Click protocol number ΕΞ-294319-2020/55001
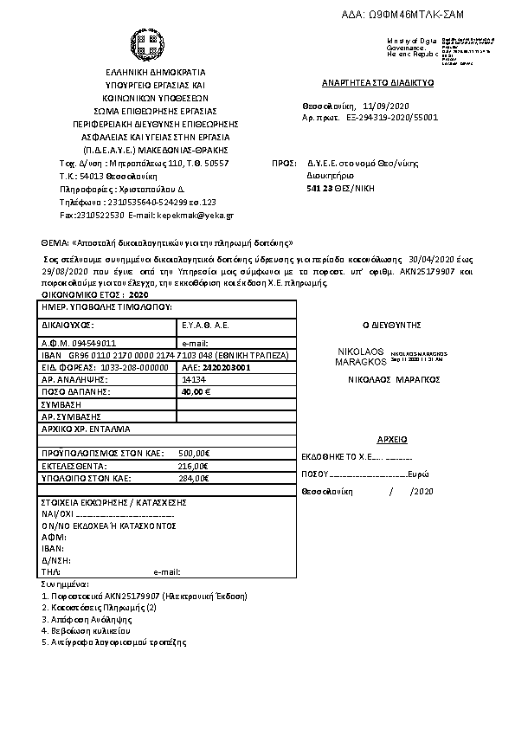392,115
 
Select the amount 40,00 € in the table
196,391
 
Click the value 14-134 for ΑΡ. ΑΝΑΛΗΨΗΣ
193,379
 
